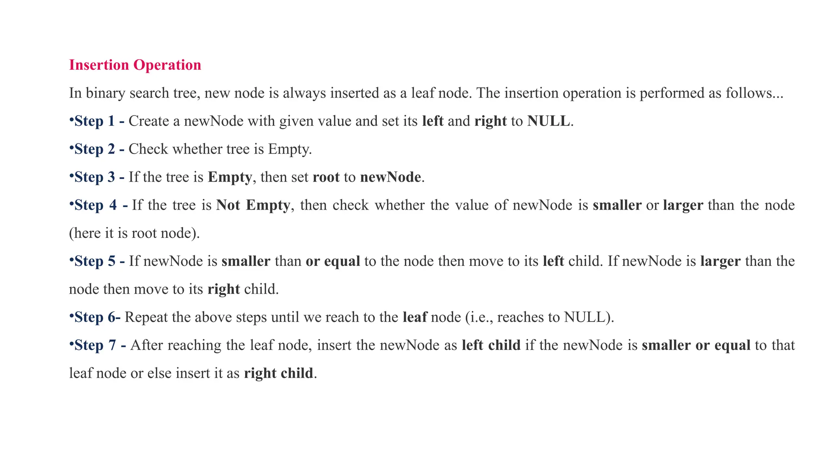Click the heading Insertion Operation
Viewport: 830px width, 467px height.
coord(135,65)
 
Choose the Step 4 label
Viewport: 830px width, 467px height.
coord(99,205)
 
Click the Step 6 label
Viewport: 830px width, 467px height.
coord(96,317)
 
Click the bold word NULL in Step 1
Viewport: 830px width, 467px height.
coord(548,121)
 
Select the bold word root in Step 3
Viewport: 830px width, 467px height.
coord(326,177)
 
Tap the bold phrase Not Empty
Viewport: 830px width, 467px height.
coord(253,205)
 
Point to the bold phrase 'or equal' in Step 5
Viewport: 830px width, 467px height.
coord(333,261)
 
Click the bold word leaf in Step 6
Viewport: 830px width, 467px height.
coord(415,317)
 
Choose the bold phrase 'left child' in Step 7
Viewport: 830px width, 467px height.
coord(491,345)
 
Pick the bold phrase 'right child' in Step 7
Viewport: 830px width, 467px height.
coord(278,373)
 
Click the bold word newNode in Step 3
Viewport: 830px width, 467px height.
coord(390,177)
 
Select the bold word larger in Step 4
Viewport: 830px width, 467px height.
coord(683,205)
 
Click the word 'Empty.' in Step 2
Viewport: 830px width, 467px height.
coord(290,149)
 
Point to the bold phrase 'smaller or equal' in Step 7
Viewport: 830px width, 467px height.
coord(696,345)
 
